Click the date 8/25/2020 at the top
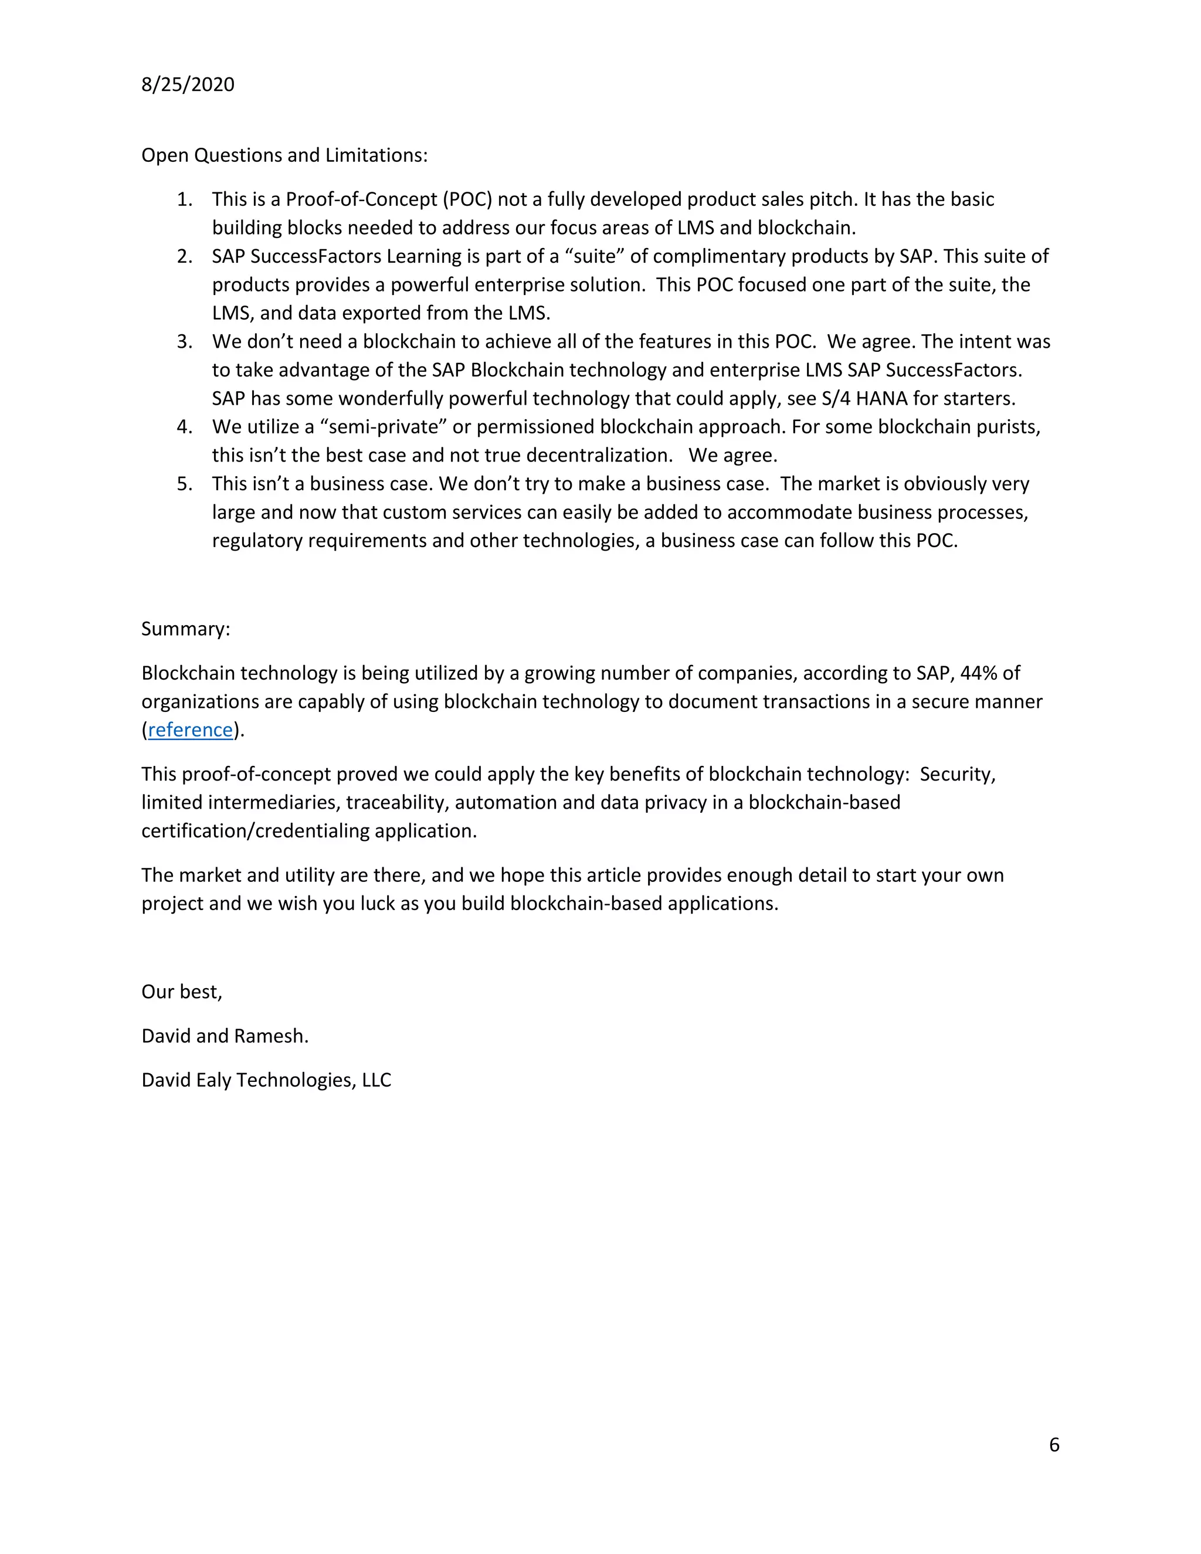point(188,84)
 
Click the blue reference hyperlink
point(190,730)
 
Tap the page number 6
point(1054,1444)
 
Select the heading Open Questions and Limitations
point(284,155)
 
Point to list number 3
point(185,341)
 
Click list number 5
point(185,484)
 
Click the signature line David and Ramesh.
point(225,1036)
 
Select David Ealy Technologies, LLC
point(266,1080)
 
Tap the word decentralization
point(599,456)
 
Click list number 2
point(185,256)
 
